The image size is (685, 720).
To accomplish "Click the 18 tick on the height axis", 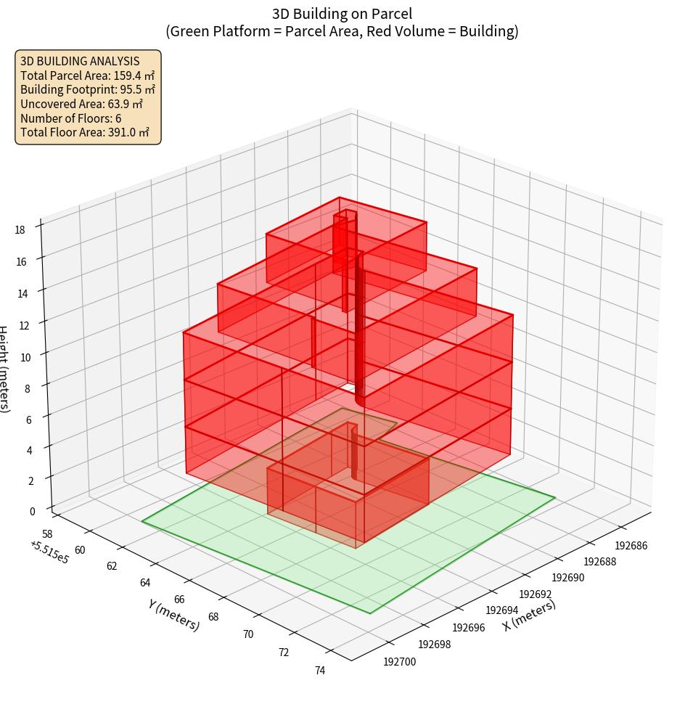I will coord(20,230).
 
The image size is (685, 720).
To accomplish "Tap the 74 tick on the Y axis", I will coord(320,670).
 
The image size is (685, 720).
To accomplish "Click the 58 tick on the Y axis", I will coord(48,533).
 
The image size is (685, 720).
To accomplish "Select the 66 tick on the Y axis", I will coord(180,600).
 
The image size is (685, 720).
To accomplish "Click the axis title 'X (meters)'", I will coord(530,615).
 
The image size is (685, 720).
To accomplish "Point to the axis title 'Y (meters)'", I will coord(173,614).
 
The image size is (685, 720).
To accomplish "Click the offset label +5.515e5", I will coord(49,552).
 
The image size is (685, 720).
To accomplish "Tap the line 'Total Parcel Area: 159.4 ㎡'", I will coord(87,75).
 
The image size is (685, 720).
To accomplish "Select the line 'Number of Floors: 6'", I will coord(70,118).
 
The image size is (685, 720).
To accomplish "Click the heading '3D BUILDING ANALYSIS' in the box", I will coord(80,61).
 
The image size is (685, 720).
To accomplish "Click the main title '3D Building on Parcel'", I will coord(342,13).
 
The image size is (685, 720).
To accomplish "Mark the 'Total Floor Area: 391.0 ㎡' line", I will coord(84,132).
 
